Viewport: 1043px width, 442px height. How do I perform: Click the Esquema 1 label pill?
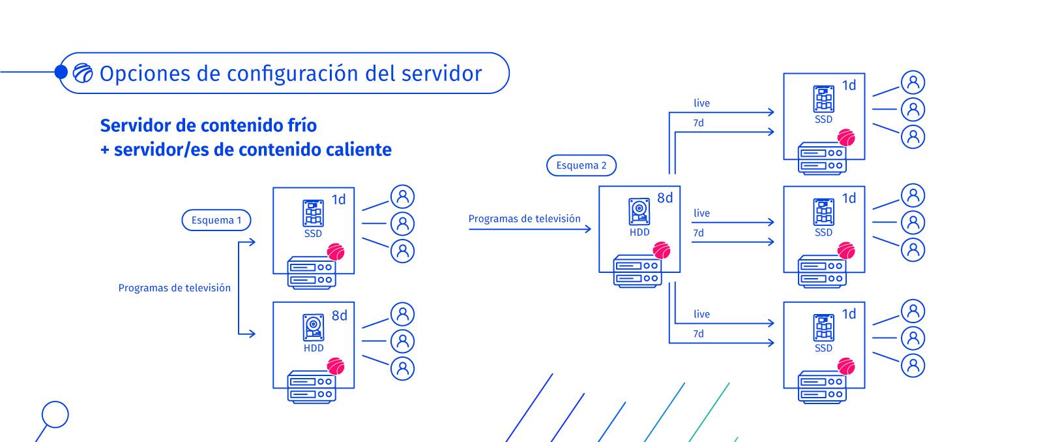pyautogui.click(x=216, y=221)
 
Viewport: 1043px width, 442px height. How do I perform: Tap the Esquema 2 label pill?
pyautogui.click(x=581, y=166)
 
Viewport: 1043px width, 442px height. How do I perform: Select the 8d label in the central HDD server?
pyautogui.click(x=664, y=198)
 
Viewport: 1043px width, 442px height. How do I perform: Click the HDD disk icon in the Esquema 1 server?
pyautogui.click(x=314, y=327)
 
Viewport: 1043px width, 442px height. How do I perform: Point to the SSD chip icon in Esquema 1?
pyautogui.click(x=313, y=213)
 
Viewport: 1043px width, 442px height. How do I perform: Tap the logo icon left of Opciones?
pyautogui.click(x=83, y=73)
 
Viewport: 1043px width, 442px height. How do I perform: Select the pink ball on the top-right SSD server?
pyautogui.click(x=846, y=138)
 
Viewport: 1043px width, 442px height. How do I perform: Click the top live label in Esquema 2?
pyautogui.click(x=701, y=103)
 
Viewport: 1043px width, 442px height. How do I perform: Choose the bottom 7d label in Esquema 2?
pyautogui.click(x=698, y=334)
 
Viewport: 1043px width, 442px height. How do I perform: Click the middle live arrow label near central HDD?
pyautogui.click(x=701, y=213)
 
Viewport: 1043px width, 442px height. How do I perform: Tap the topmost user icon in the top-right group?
pyautogui.click(x=913, y=82)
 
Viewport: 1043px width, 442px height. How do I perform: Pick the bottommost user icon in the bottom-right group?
pyautogui.click(x=913, y=365)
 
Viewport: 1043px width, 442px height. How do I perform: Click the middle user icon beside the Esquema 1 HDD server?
pyautogui.click(x=402, y=341)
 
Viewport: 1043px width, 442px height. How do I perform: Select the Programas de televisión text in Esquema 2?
pyautogui.click(x=524, y=219)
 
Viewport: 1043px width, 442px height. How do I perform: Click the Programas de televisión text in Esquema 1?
pyautogui.click(x=174, y=288)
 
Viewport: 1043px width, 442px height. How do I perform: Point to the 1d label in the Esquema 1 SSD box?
pyautogui.click(x=338, y=200)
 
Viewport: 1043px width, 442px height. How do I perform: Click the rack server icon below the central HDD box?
pyautogui.click(x=637, y=272)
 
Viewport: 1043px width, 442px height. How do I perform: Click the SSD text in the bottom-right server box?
pyautogui.click(x=823, y=348)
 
